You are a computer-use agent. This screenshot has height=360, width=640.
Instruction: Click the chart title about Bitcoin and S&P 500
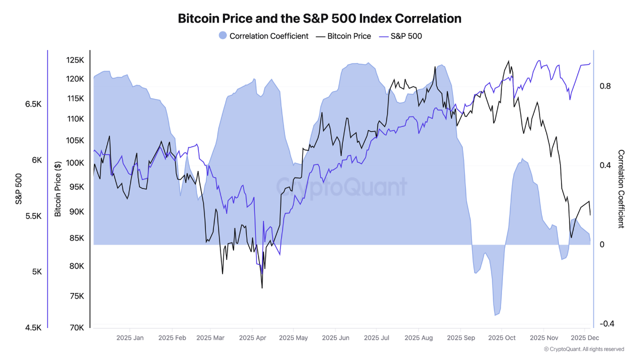319,18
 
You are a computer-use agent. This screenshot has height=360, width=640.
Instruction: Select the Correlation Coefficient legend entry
263,36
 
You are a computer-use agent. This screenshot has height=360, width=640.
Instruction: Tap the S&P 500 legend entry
400,36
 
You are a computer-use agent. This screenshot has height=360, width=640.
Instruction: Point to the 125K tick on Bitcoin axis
74,60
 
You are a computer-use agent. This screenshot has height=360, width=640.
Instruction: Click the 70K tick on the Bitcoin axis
76,327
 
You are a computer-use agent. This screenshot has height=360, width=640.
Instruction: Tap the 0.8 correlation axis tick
605,86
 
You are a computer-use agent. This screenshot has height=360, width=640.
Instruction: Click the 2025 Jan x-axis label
129,338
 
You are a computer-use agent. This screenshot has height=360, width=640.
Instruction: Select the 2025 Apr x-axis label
252,338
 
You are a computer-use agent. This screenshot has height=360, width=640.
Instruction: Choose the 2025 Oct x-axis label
501,338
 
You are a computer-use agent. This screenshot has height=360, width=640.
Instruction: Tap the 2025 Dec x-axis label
585,338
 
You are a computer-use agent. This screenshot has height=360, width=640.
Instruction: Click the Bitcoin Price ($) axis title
58,189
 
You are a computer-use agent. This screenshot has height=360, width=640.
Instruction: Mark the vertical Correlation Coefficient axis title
621,189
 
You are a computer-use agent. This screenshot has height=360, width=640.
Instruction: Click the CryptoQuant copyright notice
583,349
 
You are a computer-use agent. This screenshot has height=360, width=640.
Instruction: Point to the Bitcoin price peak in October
509,61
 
